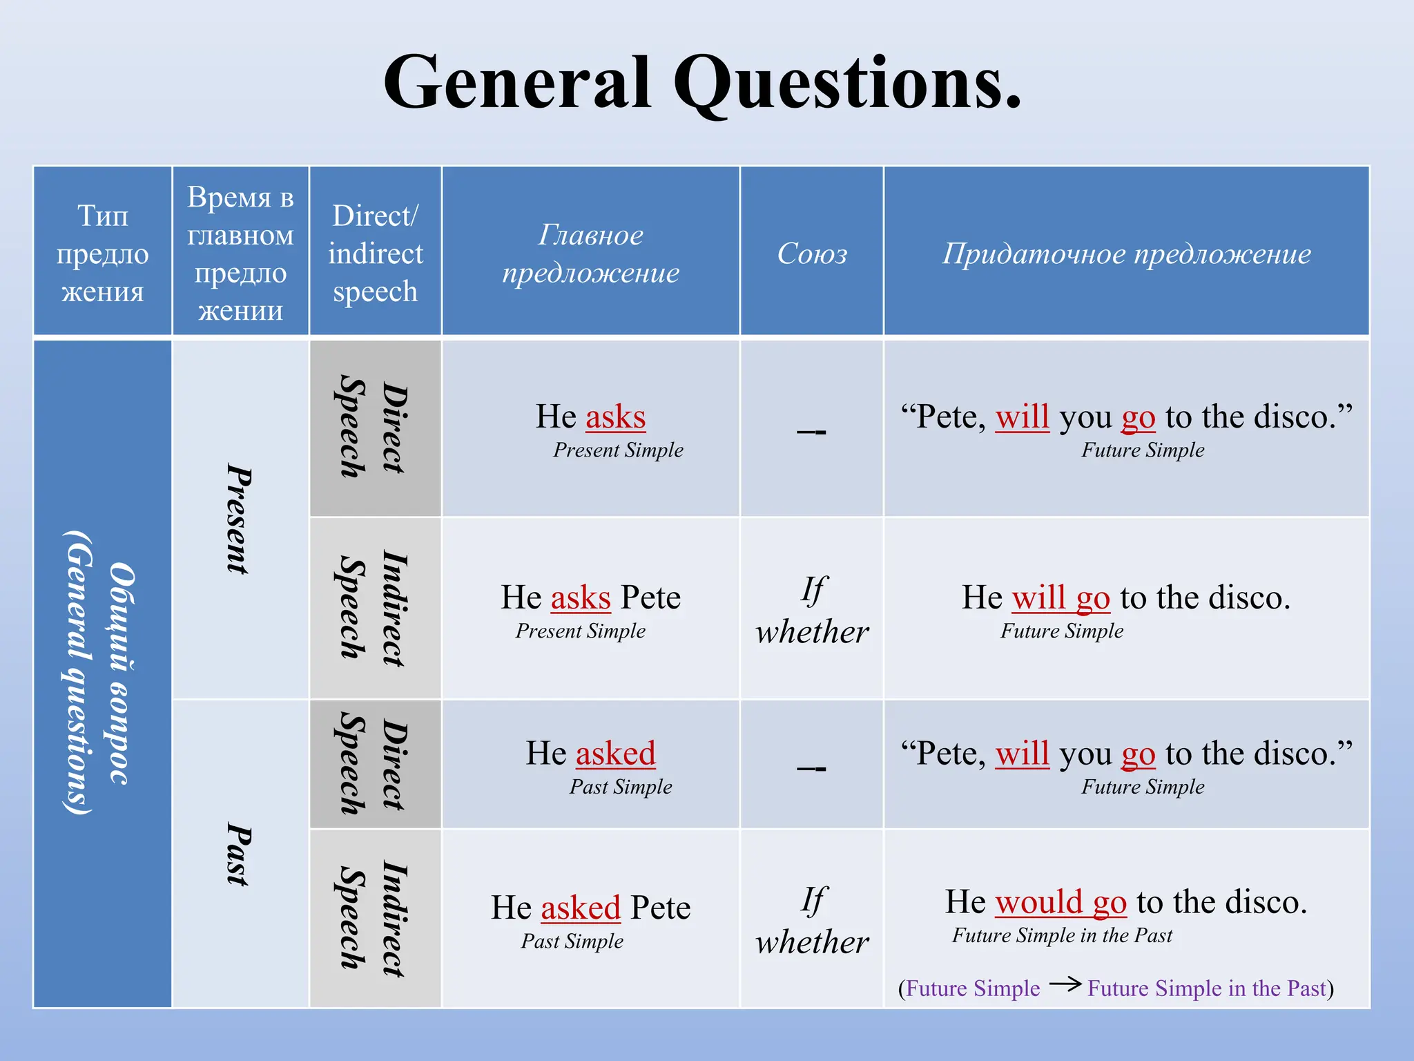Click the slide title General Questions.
(x=701, y=84)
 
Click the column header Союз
(x=812, y=254)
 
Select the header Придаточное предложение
(x=1126, y=254)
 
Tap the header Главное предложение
(x=590, y=254)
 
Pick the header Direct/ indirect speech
(x=375, y=254)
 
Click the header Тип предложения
(x=102, y=254)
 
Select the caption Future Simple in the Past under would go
(x=1062, y=935)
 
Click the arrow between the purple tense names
(x=1065, y=984)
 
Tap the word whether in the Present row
(x=812, y=632)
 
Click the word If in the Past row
(x=813, y=901)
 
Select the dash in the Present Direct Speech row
(x=811, y=432)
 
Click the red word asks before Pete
(x=581, y=598)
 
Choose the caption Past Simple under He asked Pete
(x=572, y=941)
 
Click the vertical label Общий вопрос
(x=122, y=673)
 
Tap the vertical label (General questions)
(x=77, y=673)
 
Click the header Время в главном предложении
(x=240, y=254)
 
